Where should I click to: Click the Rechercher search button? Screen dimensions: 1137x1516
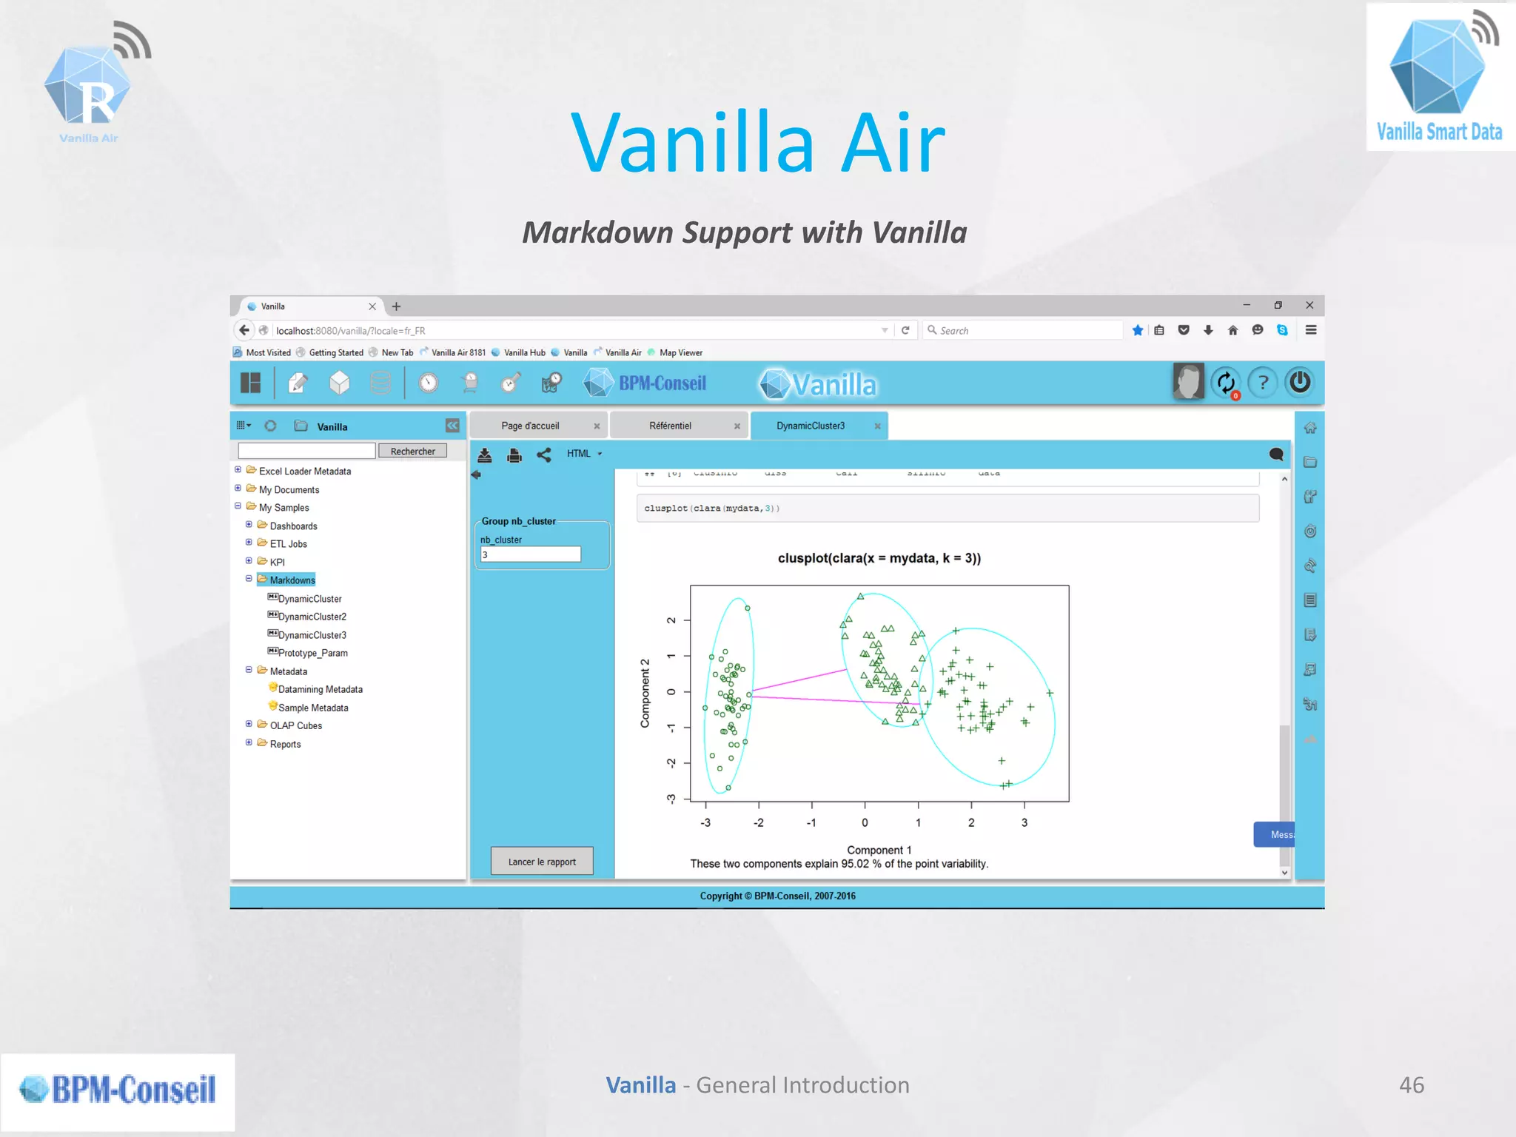[412, 451]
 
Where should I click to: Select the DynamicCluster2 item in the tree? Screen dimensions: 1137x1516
[312, 617]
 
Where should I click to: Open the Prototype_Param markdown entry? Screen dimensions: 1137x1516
[312, 653]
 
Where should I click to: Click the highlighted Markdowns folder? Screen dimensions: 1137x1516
[292, 580]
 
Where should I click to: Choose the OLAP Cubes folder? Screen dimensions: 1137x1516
[295, 725]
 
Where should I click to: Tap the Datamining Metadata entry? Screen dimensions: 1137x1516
[320, 689]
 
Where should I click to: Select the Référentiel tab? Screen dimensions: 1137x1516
[670, 426]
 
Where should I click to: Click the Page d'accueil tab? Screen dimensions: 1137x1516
[530, 426]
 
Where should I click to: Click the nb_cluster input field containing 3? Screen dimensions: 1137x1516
[530, 554]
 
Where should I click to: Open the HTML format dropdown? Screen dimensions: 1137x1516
[584, 454]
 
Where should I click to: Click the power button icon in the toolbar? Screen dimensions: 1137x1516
[1300, 383]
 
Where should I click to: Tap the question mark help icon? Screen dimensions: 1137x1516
[1263, 383]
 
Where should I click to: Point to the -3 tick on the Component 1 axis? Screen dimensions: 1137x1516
[705, 822]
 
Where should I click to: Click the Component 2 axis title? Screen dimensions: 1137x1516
[645, 693]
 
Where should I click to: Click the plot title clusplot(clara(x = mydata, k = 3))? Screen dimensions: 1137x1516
[879, 558]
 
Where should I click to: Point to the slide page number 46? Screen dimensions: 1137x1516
[1411, 1084]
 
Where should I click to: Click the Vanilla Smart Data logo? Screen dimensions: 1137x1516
[1439, 78]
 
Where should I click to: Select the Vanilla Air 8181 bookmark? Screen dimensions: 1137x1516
[458, 352]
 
